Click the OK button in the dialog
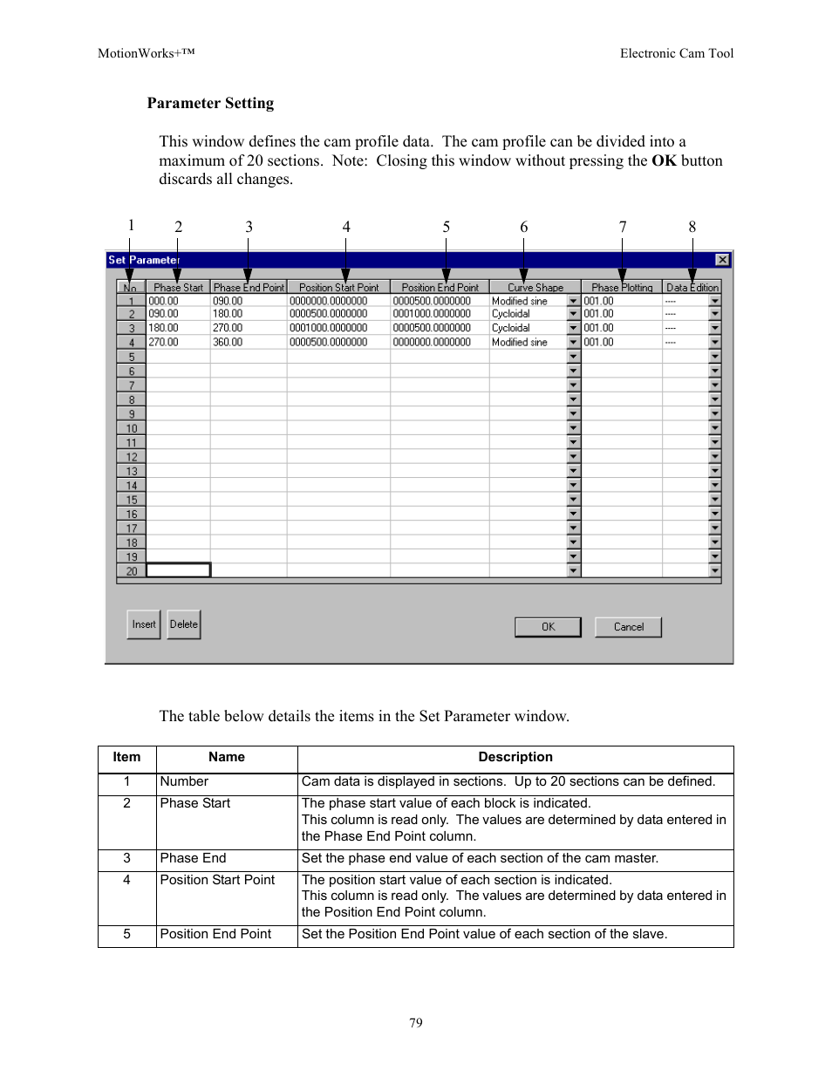(x=548, y=627)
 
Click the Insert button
(x=144, y=624)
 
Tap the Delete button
(x=184, y=624)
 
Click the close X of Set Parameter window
(x=722, y=260)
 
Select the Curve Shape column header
(x=535, y=287)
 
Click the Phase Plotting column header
(x=622, y=287)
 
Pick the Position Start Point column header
(x=338, y=287)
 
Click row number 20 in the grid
(x=132, y=571)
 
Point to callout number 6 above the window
(x=524, y=227)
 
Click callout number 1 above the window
(x=132, y=225)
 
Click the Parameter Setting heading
(x=210, y=103)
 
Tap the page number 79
(x=416, y=1023)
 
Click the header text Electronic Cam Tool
(x=677, y=53)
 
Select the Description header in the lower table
(x=515, y=757)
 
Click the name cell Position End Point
(x=216, y=934)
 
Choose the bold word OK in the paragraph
(x=664, y=160)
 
